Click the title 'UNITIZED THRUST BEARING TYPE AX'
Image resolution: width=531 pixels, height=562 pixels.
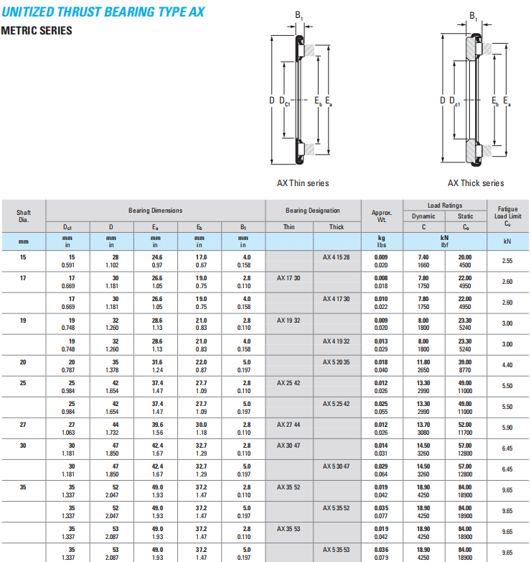click(103, 11)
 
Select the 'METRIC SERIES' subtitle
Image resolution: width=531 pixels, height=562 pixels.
click(37, 30)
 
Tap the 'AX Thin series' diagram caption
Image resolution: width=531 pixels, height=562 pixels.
click(303, 183)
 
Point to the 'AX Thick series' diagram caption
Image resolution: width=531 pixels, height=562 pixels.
click(476, 183)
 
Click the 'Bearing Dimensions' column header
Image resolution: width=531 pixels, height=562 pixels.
click(155, 211)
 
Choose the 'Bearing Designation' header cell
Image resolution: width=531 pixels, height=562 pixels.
click(313, 211)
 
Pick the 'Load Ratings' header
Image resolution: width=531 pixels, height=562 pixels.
click(445, 206)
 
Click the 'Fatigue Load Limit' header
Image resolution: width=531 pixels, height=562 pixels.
click(508, 216)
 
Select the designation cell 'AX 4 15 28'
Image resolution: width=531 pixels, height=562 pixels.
click(337, 257)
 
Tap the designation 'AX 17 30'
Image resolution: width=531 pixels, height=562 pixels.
click(288, 278)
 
